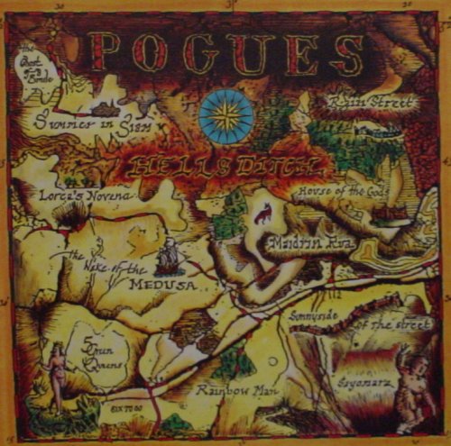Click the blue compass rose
point(225,114)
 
